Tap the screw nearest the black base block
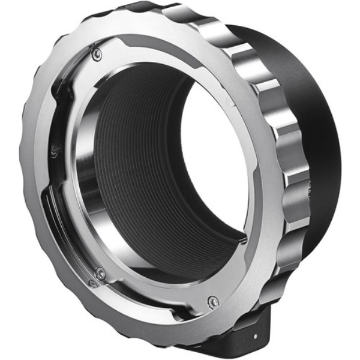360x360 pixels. (x=212, y=302)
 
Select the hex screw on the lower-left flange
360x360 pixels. (x=100, y=273)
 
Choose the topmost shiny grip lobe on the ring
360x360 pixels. (x=180, y=12)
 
